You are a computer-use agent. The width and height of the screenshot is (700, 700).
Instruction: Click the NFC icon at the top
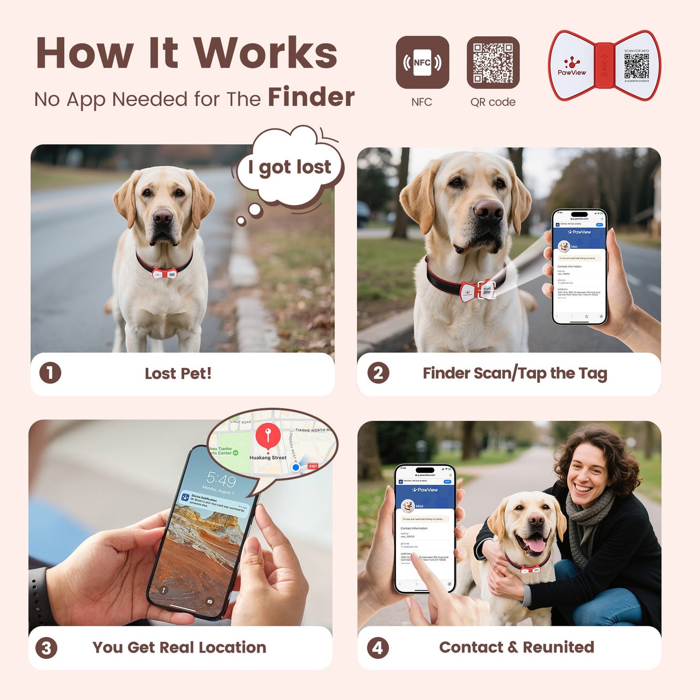pyautogui.click(x=422, y=62)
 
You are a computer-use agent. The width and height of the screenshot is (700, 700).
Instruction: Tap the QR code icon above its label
pyautogui.click(x=493, y=62)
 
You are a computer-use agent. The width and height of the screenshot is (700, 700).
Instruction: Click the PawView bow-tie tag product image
pyautogui.click(x=604, y=65)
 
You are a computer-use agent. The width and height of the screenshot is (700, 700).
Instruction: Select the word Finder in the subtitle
pyautogui.click(x=311, y=97)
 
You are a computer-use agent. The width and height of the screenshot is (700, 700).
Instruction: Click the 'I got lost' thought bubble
pyautogui.click(x=290, y=167)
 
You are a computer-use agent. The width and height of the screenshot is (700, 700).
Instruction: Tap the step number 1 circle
pyautogui.click(x=50, y=373)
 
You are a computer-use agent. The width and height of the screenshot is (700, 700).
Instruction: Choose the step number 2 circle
pyautogui.click(x=378, y=373)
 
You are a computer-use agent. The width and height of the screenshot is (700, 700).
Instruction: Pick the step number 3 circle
pyautogui.click(x=47, y=648)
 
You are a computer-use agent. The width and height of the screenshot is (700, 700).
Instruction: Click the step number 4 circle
pyautogui.click(x=378, y=648)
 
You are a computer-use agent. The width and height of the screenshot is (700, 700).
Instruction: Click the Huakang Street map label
pyautogui.click(x=268, y=457)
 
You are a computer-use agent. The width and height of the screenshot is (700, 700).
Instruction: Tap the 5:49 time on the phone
pyautogui.click(x=221, y=480)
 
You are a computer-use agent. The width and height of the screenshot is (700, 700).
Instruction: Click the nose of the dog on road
pyautogui.click(x=162, y=217)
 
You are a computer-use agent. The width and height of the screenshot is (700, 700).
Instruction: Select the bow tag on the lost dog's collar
pyautogui.click(x=165, y=274)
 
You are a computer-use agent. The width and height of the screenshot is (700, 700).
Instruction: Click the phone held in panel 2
pyautogui.click(x=579, y=266)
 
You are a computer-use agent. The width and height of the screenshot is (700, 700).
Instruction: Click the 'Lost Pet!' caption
pyautogui.click(x=178, y=373)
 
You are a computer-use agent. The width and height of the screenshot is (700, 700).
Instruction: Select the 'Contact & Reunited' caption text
pyautogui.click(x=516, y=647)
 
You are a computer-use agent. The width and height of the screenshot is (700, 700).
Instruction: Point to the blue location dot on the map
pyautogui.click(x=296, y=467)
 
